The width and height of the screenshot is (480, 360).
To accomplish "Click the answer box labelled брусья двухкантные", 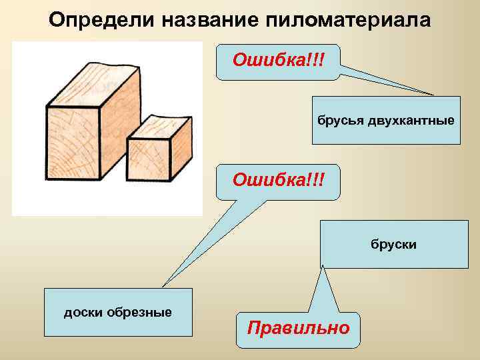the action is click(386, 121).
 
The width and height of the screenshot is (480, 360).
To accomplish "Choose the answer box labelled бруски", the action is click(395, 244).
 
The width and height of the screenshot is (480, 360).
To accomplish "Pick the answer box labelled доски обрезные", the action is click(117, 312).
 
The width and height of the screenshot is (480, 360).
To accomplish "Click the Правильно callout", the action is click(298, 329).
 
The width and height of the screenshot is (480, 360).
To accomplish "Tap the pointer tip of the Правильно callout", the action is click(325, 266).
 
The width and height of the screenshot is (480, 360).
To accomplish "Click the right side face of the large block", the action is click(120, 127).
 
